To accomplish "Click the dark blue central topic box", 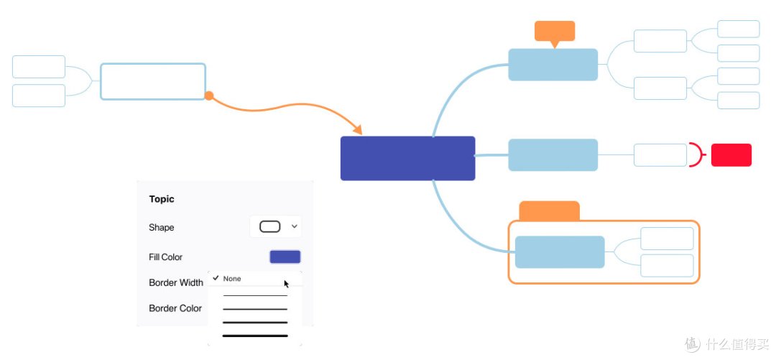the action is pos(408,159).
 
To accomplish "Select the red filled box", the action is pos(731,155).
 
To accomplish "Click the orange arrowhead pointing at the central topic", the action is pos(357,129).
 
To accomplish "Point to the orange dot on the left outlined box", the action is pos(209,96).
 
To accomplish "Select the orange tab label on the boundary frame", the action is pos(550,211).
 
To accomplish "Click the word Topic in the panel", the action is pos(162,199).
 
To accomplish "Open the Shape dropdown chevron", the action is pos(295,226).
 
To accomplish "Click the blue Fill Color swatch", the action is pos(285,257).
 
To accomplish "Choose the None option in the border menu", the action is pos(232,279).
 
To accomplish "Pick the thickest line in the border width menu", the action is pos(255,336).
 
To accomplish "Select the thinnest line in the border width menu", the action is pos(255,295).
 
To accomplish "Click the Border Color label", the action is pos(175,308).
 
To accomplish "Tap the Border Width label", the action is pos(176,282).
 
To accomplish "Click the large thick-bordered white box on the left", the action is pos(153,82).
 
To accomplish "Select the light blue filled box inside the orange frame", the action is pos(560,252).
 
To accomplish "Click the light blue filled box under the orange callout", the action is pos(553,65).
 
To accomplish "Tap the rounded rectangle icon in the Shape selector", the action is pos(269,227).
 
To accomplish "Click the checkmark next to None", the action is pos(216,278).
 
